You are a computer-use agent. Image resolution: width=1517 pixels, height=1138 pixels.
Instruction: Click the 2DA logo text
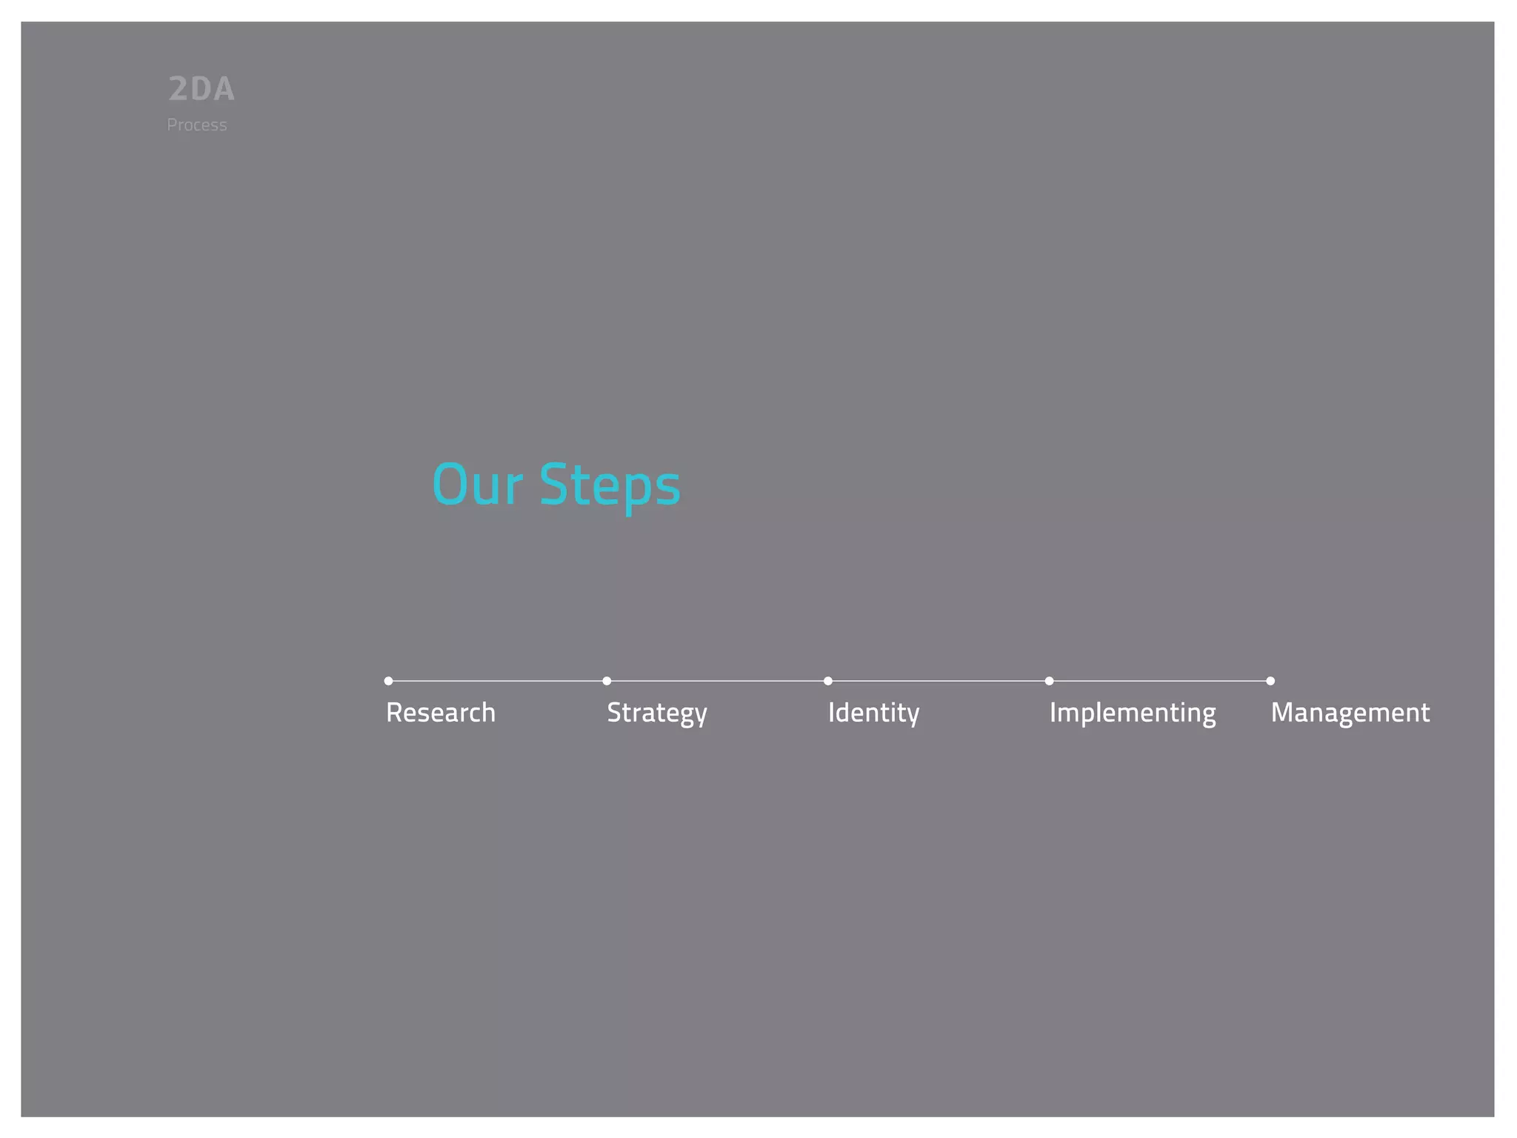coord(201,90)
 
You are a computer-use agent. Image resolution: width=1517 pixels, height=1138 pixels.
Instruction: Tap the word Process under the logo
coord(197,125)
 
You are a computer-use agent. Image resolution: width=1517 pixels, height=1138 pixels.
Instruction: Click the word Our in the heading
coord(478,485)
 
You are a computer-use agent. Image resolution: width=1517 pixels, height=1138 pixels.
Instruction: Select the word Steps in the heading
coord(610,486)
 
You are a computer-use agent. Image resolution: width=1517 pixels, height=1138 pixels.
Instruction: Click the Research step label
coord(441,713)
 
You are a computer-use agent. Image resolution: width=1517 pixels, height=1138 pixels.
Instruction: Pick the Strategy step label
coord(657,713)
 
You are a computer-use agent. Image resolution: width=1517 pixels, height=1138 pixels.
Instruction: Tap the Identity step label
coord(873,713)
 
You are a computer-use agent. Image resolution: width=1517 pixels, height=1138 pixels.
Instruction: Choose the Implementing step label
coord(1133,713)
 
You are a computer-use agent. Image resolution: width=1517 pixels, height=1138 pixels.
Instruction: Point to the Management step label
coord(1350,713)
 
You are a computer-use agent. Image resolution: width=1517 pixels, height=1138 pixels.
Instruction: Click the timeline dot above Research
coord(389,681)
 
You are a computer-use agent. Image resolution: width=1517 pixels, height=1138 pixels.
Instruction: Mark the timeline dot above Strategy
coord(607,681)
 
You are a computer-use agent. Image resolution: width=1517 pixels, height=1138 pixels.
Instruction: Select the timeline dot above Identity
coord(828,681)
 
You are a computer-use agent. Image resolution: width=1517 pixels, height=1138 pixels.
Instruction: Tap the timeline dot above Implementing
coord(1050,681)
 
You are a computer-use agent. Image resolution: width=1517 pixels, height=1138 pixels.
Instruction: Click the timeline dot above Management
coord(1270,681)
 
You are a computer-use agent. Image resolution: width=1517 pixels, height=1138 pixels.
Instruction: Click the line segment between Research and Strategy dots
coord(498,681)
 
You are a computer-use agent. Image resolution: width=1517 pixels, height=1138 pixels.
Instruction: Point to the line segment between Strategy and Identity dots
coord(718,681)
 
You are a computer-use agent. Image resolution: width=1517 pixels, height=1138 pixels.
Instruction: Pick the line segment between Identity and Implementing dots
coord(938,681)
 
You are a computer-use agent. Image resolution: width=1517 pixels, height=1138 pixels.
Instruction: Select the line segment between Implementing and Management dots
coord(1160,681)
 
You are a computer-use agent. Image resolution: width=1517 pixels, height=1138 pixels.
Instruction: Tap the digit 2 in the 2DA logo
coord(179,90)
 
